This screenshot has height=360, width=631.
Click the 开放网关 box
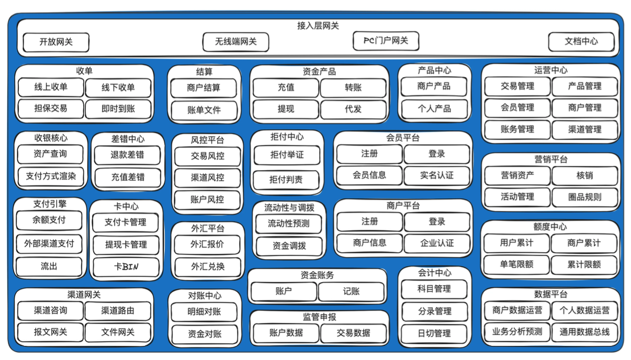(56, 42)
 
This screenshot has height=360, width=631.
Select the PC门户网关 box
(386, 40)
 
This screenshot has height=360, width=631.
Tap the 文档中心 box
(581, 41)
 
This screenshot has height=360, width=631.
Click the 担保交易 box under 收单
(51, 109)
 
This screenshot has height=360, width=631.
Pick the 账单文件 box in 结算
(204, 110)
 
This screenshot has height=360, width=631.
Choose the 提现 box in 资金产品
(286, 109)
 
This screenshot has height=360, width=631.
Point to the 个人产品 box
(434, 109)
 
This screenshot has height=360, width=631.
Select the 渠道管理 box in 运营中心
(584, 129)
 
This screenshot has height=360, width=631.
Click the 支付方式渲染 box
(51, 176)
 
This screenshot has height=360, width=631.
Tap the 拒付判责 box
(286, 179)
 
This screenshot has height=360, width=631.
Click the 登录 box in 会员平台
(436, 154)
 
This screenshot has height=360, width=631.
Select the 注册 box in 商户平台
(369, 221)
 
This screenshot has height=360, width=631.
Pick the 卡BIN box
(126, 266)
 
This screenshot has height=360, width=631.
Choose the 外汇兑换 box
(208, 266)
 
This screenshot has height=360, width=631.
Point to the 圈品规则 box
(584, 197)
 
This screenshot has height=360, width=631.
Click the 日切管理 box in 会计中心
(434, 333)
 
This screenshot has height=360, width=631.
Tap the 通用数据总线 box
(584, 332)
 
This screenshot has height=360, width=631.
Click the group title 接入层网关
(318, 26)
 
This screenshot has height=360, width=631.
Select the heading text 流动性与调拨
(289, 208)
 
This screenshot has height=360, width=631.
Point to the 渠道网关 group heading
(84, 295)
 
